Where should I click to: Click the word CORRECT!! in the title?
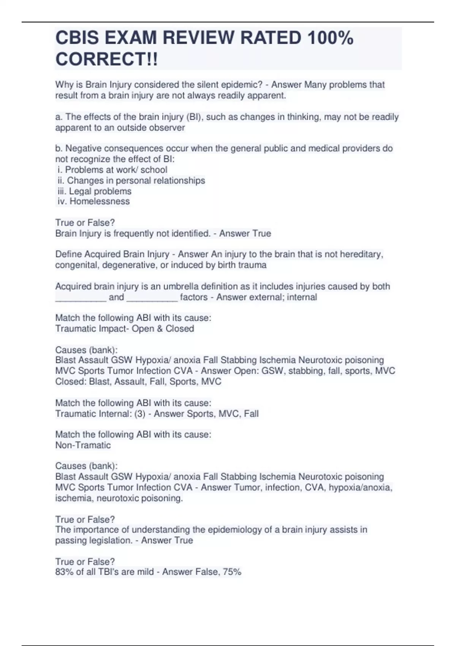(106, 59)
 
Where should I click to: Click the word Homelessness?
(100, 201)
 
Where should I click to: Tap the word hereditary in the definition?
(361, 254)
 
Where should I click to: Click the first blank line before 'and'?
(81, 298)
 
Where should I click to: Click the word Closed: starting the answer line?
(71, 382)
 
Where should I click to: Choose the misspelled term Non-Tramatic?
(83, 445)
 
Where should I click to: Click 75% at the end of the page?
(232, 572)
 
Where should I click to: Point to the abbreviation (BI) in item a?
(192, 117)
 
